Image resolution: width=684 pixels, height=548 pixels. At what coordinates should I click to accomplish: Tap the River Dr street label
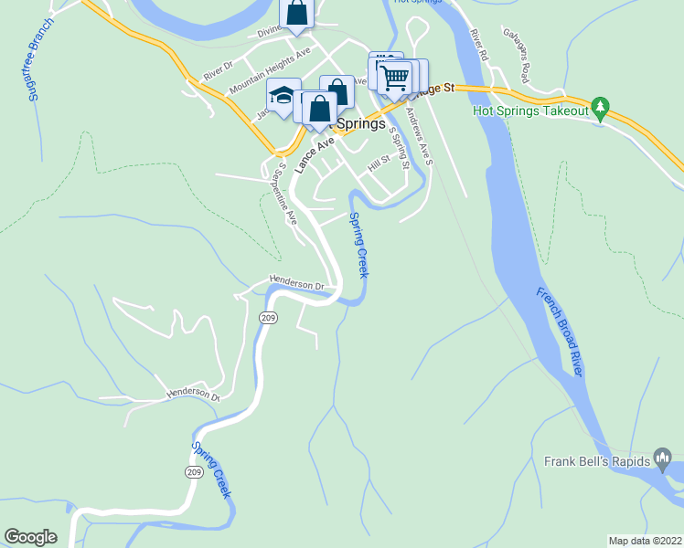click(x=219, y=70)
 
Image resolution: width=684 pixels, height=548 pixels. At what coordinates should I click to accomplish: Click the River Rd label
click(x=478, y=45)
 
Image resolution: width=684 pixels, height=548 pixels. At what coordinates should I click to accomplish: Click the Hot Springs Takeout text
click(x=530, y=111)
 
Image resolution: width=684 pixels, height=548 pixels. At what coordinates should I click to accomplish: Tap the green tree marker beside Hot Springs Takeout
click(x=600, y=108)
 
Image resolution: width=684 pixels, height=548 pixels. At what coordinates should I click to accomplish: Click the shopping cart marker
click(x=395, y=78)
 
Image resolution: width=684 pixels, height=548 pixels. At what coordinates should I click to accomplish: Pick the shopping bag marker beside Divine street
click(x=297, y=13)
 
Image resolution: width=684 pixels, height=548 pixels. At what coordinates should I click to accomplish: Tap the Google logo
click(x=30, y=537)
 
